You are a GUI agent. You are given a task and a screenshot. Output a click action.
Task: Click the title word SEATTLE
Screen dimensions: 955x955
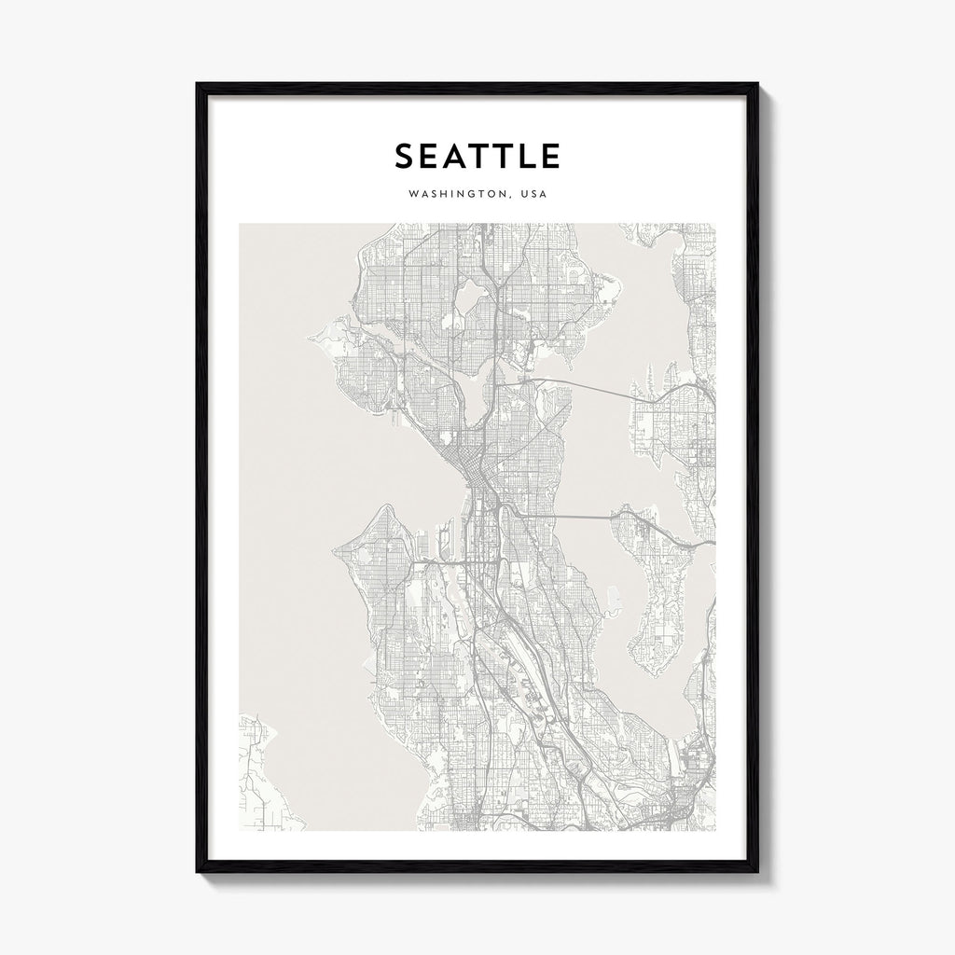477,156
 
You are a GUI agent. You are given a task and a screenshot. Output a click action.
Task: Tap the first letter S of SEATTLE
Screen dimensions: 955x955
403,156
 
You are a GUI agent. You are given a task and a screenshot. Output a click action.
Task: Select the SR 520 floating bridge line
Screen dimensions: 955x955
588,386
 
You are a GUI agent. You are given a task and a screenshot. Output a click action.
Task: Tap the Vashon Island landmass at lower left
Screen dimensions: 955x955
261,774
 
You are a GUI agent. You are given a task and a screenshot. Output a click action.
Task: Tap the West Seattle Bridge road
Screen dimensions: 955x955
438,563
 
